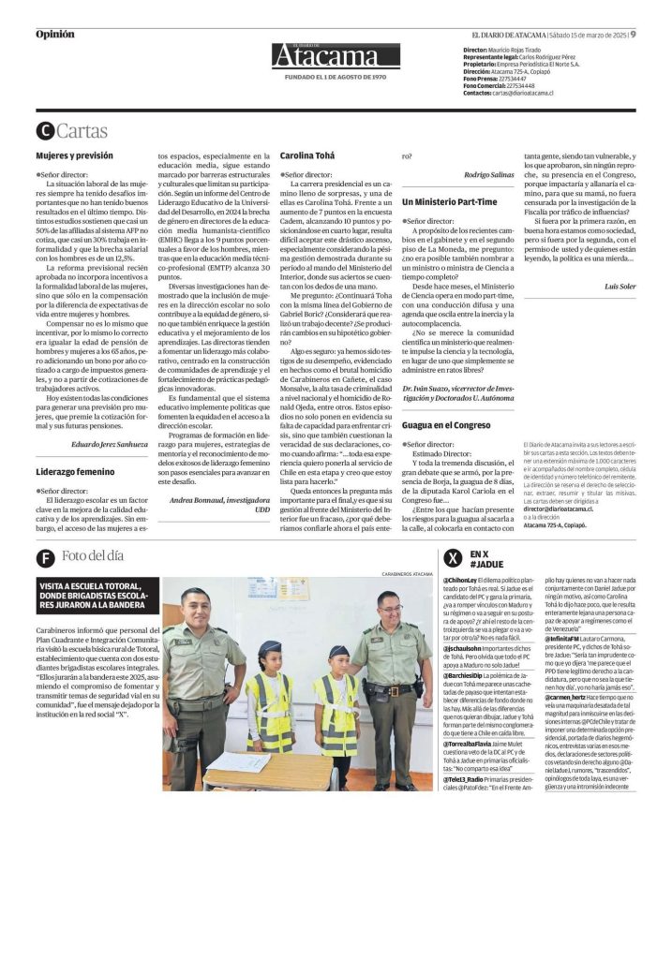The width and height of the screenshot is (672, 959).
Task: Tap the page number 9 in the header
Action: [633, 35]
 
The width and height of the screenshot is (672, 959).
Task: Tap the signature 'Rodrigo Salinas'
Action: [491, 175]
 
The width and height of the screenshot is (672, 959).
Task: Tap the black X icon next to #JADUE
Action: [453, 558]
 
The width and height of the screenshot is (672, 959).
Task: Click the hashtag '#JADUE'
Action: [486, 565]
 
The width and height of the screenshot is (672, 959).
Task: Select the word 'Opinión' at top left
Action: [54, 35]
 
